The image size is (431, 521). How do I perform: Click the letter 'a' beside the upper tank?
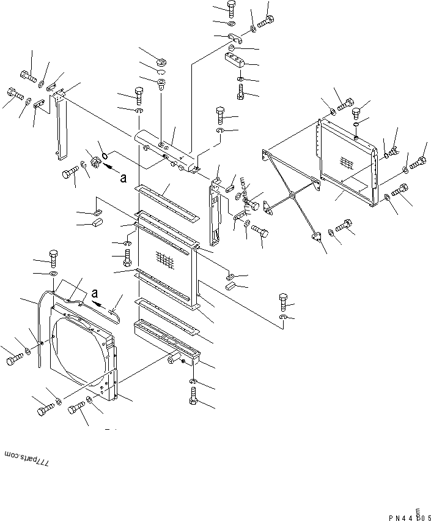[x=123, y=178]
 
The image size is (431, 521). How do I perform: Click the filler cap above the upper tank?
[x=161, y=61]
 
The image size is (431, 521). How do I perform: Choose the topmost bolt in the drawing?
[x=233, y=7]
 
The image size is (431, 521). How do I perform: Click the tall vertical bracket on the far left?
[x=61, y=129]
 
